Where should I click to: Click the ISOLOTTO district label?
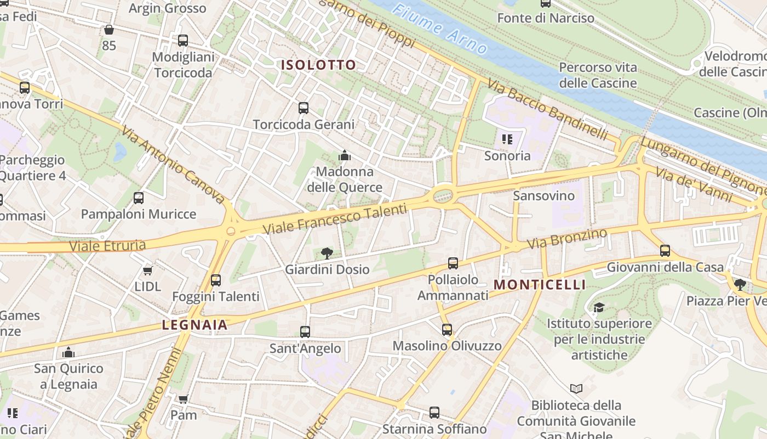pyautogui.click(x=318, y=65)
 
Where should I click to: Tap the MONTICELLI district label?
pyautogui.click(x=540, y=284)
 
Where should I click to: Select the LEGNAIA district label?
pyautogui.click(x=194, y=325)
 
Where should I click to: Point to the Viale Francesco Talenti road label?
pyautogui.click(x=335, y=218)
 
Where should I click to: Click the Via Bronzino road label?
pyautogui.click(x=567, y=239)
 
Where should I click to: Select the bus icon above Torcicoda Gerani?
pyautogui.click(x=304, y=108)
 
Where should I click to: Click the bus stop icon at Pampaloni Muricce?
pyautogui.click(x=139, y=198)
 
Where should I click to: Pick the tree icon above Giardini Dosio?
pyautogui.click(x=327, y=253)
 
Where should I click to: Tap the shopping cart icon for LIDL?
pyautogui.click(x=147, y=271)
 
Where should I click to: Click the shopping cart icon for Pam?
pyautogui.click(x=183, y=399)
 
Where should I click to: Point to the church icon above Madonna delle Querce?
pyautogui.click(x=345, y=156)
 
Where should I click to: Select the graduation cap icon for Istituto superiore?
pyautogui.click(x=599, y=307)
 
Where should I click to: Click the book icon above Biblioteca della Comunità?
pyautogui.click(x=576, y=389)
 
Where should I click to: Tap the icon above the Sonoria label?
pyautogui.click(x=507, y=139)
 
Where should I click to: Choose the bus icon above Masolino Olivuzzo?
pyautogui.click(x=447, y=329)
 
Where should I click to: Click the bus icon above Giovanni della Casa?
pyautogui.click(x=665, y=251)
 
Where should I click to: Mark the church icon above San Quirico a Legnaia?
pyautogui.click(x=68, y=352)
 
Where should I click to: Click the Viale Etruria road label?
pyautogui.click(x=108, y=245)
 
